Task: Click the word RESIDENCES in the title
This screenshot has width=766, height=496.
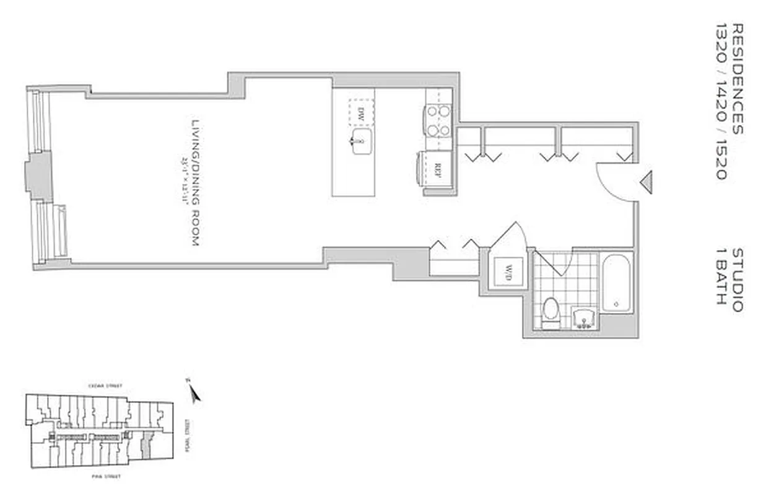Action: point(737,79)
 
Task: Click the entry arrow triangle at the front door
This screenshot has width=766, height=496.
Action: point(646,182)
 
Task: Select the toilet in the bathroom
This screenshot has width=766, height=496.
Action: point(550,310)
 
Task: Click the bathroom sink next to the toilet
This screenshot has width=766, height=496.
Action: point(584,319)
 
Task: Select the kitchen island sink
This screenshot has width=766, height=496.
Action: point(360,142)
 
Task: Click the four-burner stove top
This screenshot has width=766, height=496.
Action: point(438,121)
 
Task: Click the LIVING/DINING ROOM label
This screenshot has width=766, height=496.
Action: point(194,183)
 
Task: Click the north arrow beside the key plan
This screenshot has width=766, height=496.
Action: point(194,392)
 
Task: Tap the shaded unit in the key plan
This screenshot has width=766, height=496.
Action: point(146,445)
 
